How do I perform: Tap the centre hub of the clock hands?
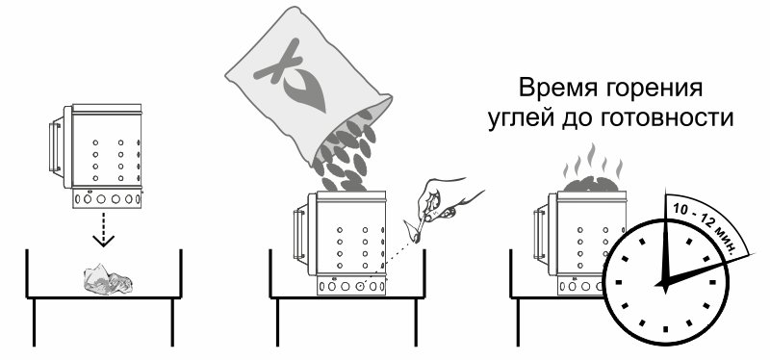pyautogui.click(x=664, y=284)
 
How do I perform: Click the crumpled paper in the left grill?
pyautogui.click(x=108, y=279)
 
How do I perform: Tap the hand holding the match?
pyautogui.click(x=445, y=199)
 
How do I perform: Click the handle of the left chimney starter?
pyautogui.click(x=55, y=146)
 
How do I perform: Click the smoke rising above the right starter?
pyautogui.click(x=593, y=162)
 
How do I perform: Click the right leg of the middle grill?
pyautogui.click(x=416, y=321)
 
